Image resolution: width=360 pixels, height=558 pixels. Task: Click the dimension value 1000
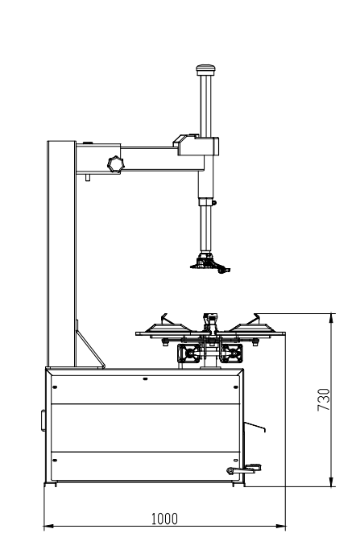[x=164, y=519]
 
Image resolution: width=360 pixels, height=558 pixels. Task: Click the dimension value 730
[x=324, y=399]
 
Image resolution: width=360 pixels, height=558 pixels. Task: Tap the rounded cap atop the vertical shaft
[x=205, y=70]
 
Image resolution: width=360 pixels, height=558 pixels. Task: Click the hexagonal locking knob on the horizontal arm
[x=116, y=164]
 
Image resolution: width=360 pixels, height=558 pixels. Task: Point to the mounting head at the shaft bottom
[x=210, y=263]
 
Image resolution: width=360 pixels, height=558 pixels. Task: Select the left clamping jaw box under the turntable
[x=190, y=353]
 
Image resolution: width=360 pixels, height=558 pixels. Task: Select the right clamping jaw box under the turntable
[x=231, y=353]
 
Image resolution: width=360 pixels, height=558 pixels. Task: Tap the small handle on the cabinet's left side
[x=43, y=420]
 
